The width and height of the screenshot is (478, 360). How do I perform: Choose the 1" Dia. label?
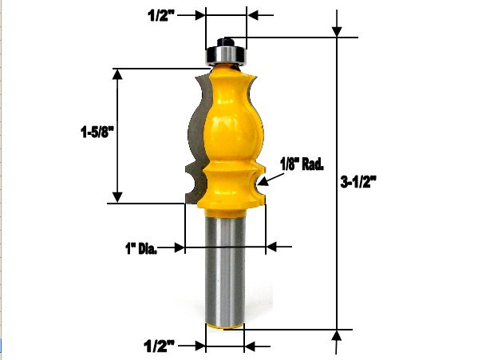click(x=141, y=249)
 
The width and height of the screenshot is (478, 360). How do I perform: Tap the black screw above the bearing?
click(x=226, y=38)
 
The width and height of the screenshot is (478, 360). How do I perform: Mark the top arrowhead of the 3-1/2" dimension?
click(x=338, y=30)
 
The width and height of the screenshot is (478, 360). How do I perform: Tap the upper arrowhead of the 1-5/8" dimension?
click(x=118, y=75)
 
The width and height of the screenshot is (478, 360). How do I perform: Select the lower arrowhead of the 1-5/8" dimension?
click(x=118, y=196)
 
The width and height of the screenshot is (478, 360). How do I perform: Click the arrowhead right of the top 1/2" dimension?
click(x=254, y=14)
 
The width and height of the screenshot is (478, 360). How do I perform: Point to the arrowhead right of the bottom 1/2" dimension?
click(x=251, y=346)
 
